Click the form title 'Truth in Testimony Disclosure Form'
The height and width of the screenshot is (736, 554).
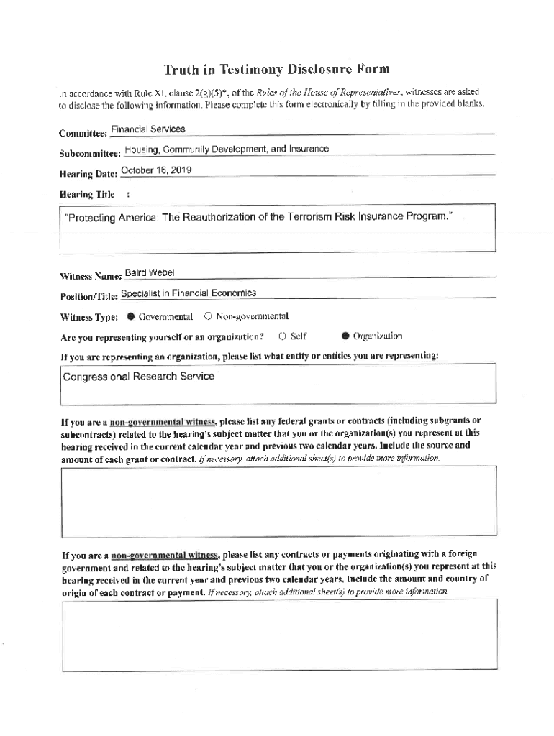276,70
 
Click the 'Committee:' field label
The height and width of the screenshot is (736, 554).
83,133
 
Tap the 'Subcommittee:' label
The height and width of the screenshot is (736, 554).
91,153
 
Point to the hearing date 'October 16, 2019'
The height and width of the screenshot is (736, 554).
157,170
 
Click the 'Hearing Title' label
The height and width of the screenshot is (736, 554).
87,194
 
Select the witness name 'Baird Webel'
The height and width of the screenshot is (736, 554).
150,273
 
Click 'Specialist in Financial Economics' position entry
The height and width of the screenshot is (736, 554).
189,293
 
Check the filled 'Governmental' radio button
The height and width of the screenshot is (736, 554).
131,316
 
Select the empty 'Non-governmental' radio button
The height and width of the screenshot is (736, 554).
208,316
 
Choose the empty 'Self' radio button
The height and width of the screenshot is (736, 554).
283,336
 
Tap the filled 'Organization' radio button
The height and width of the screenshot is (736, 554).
345,336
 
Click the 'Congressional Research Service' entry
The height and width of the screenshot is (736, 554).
138,376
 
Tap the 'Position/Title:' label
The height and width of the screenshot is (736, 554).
88,296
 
